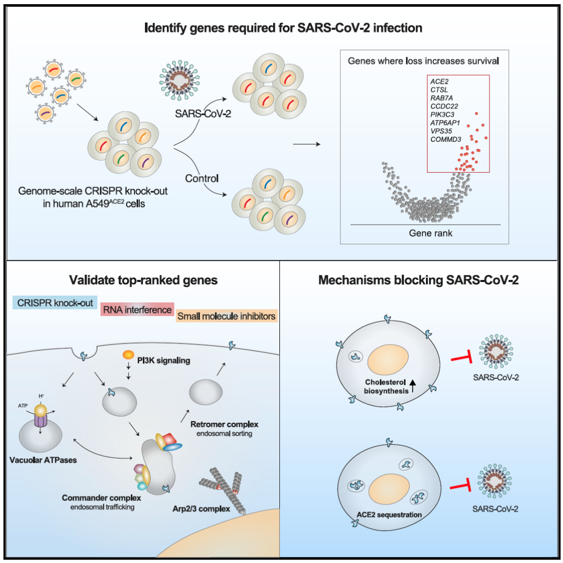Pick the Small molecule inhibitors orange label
pos(226,316)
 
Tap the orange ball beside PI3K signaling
pos(127,356)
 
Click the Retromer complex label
pos(222,423)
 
